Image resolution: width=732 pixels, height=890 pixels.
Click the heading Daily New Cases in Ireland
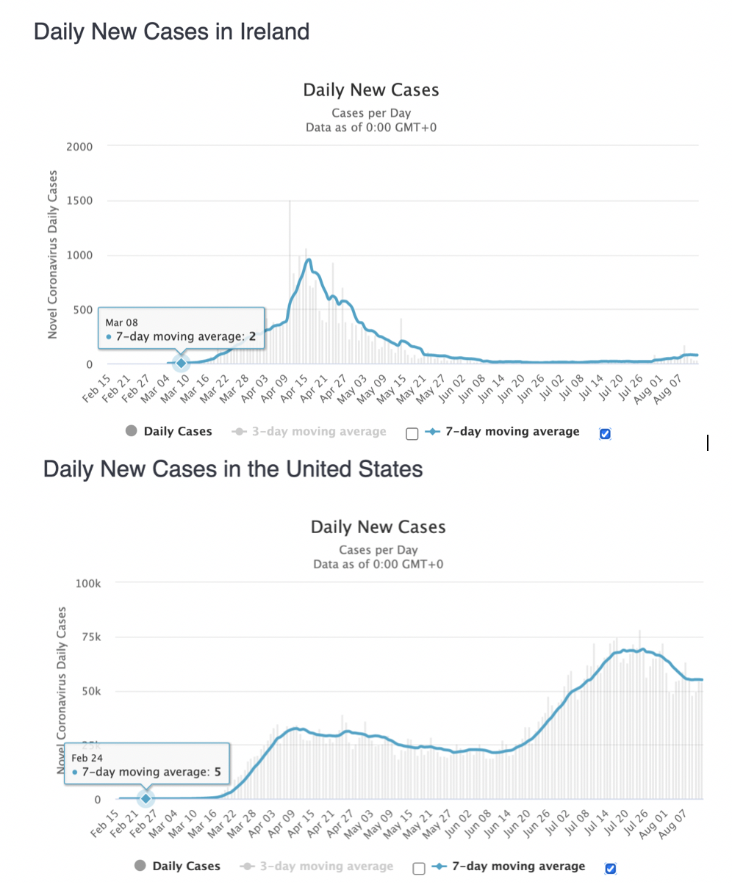coord(171,32)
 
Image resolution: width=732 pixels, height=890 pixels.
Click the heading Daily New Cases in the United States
coord(233,468)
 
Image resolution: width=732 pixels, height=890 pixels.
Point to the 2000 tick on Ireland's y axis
coord(80,147)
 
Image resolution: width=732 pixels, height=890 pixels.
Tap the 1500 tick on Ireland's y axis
coord(80,201)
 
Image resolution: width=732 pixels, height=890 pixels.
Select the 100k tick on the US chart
coord(87,583)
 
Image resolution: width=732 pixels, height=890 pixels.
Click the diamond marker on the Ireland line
coord(181,363)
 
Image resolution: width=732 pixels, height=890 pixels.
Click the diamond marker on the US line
coord(146,798)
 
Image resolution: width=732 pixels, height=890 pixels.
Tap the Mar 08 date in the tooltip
coord(121,322)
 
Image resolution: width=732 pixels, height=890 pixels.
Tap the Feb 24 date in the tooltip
coord(87,758)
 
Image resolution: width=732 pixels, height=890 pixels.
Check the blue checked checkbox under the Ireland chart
coord(605,434)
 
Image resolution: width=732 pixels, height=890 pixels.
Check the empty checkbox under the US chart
coord(419,869)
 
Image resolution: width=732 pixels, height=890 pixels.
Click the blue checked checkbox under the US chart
coord(610,869)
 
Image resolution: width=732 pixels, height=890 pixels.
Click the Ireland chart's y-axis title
coord(53,255)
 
